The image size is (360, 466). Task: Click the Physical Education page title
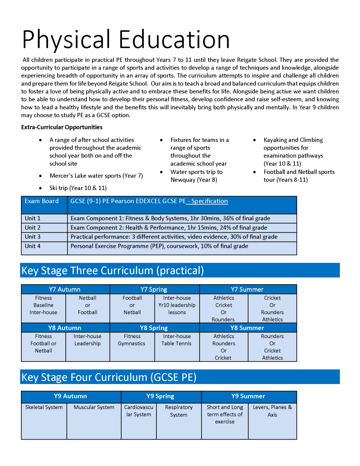pos(126,39)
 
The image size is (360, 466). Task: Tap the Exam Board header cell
pos(42,201)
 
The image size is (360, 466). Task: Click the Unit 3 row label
pos(33,237)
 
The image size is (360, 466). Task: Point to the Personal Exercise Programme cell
pos(159,246)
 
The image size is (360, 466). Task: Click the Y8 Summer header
pos(247,328)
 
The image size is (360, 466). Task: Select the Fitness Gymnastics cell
pos(132,340)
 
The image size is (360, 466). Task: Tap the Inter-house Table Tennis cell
pos(177,340)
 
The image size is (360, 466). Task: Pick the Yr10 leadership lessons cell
pos(177,305)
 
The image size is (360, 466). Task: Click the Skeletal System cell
pos(44,407)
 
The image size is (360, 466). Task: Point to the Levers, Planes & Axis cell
pos(272,411)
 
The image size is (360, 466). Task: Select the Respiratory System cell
pos(179,411)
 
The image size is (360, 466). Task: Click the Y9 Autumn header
pos(70,396)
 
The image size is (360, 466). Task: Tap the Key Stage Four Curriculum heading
pos(109,377)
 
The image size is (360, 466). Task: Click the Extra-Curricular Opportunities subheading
pos(62,127)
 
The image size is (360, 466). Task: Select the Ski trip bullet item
pos(78,188)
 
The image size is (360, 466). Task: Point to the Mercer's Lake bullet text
pos(96,176)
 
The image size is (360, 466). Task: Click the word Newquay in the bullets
pos(184,180)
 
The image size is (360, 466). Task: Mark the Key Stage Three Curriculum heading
pos(113,270)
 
